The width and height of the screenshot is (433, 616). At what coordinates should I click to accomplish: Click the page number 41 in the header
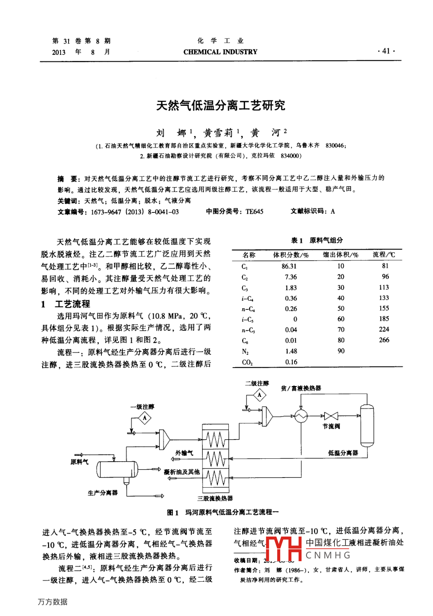386,51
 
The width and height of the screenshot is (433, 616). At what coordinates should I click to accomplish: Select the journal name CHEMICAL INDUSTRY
220,52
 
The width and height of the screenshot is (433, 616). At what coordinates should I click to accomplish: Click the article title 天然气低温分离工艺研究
220,105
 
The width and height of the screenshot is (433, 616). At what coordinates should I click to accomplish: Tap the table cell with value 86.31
289,266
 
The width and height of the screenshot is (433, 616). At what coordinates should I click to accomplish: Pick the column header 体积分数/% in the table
291,255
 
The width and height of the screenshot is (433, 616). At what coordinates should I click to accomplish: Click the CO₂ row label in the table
247,362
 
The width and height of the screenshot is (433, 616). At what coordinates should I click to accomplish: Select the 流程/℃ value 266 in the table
384,340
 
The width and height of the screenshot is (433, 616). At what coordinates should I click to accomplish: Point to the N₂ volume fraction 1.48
291,351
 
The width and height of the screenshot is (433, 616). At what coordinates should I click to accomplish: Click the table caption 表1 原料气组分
317,240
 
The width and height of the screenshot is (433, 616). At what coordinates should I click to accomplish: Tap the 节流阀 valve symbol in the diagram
331,416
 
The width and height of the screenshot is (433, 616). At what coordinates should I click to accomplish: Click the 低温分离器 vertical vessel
367,425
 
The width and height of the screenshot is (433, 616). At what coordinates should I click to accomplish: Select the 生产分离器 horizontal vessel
117,469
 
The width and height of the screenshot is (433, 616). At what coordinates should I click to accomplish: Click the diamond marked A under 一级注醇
144,417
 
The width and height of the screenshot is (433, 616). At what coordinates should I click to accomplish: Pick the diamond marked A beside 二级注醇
259,395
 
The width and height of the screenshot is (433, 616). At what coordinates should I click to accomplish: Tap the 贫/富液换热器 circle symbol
301,416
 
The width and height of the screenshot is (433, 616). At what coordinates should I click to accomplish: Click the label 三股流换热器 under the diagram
215,498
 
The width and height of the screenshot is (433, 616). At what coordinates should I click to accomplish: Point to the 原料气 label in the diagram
79,462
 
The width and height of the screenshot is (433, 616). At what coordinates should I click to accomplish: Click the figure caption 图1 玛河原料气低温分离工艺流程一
223,512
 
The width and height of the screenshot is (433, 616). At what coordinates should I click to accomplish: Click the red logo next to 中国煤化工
284,548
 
